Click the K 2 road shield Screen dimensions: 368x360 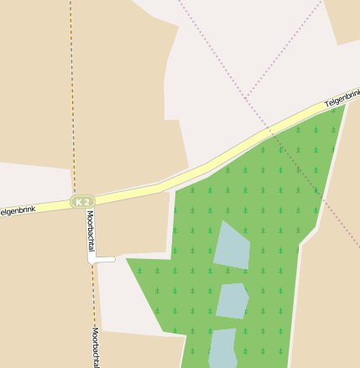tap(81, 202)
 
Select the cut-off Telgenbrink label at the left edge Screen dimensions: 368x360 tap(17, 210)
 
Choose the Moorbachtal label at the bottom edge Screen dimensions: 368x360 tap(96, 347)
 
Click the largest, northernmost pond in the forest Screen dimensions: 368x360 tap(232, 246)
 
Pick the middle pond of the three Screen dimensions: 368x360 tap(232, 301)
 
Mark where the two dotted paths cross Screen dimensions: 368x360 tap(244, 96)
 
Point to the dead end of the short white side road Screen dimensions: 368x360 tap(113, 260)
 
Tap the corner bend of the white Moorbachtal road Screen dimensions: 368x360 tap(91, 260)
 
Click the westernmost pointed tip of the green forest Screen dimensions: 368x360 tap(128, 259)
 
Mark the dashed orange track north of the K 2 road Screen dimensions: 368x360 tap(72, 101)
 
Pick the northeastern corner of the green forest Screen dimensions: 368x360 tap(344, 107)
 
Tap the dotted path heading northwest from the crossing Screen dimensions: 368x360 tap(210, 50)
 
